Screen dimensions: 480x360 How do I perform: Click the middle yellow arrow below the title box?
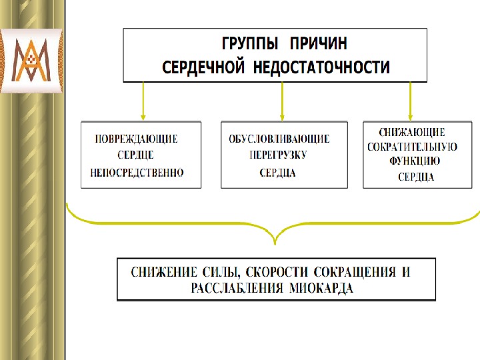coord(282,100)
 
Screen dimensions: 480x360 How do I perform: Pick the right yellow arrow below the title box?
coord(410,100)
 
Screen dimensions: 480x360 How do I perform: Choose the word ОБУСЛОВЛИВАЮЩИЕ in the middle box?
coord(279,139)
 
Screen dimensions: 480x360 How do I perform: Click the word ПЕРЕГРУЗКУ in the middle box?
coord(278,155)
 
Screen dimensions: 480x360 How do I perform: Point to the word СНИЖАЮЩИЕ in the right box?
coord(412,133)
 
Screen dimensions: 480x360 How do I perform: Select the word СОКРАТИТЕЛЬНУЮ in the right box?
coord(412,147)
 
